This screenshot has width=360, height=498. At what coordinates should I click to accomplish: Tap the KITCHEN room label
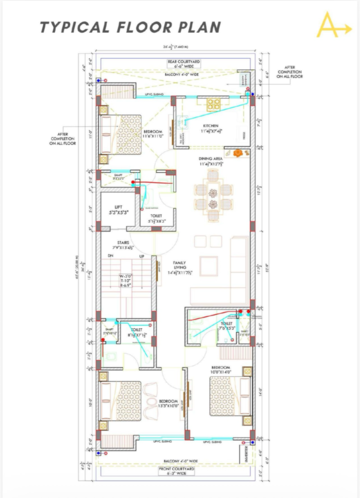[209, 125]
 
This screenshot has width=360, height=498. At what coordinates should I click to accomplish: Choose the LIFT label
[118, 208]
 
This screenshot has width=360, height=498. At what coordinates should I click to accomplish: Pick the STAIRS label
[120, 243]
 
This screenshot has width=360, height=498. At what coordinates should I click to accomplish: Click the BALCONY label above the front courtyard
[176, 458]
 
